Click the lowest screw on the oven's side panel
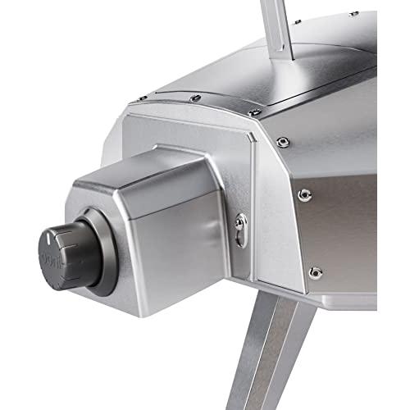click(x=314, y=272)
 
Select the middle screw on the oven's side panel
click(x=304, y=195)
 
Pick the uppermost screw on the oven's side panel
click(x=283, y=143)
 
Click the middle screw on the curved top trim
click(x=195, y=99)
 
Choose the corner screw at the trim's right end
click(x=255, y=112)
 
